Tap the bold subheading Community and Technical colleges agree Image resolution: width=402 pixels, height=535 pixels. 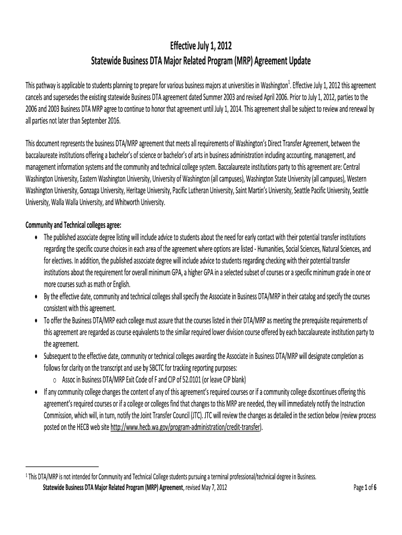[73, 225]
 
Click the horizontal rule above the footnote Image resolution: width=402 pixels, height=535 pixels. [62, 465]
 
